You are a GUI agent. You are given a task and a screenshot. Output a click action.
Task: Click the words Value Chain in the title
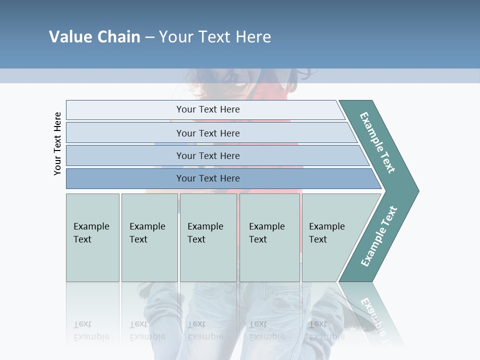[x=94, y=36]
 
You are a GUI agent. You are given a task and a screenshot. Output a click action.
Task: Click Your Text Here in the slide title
[x=215, y=36]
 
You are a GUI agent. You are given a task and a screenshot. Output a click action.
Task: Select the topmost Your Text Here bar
[x=207, y=109]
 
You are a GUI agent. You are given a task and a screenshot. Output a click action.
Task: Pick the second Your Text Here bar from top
[x=207, y=133]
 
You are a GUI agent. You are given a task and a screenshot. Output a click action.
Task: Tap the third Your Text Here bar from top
[x=207, y=155]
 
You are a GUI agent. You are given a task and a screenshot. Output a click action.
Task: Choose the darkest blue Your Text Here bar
[x=207, y=178]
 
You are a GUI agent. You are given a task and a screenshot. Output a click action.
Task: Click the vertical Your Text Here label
[x=57, y=143]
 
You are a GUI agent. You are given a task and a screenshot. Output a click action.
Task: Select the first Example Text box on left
[x=92, y=237]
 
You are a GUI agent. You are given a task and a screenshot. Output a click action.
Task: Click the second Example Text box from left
[x=149, y=237]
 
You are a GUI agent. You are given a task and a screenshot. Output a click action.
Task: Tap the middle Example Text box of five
[x=208, y=237]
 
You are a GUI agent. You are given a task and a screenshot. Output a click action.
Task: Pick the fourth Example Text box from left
[x=269, y=237]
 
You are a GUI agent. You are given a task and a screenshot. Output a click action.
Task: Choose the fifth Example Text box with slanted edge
[x=330, y=237]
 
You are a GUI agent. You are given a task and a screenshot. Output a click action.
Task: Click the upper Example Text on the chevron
[x=377, y=142]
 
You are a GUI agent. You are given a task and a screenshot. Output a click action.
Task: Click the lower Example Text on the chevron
[x=379, y=236]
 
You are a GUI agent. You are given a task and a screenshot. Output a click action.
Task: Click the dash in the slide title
[x=149, y=37]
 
